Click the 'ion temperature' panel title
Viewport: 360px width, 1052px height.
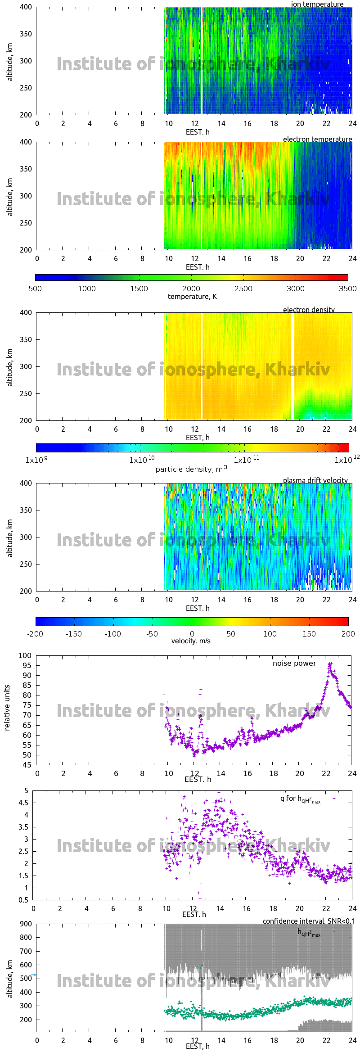coord(317,4)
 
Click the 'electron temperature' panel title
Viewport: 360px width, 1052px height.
coord(317,139)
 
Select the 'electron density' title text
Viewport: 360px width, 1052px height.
coord(309,310)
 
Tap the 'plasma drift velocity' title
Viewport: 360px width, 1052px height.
coord(315,480)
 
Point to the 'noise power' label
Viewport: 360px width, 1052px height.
coord(294,663)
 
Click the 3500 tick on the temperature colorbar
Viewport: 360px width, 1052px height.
coord(347,289)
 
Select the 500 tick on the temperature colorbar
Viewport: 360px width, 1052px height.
coord(35,289)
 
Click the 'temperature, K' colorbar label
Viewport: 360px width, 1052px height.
coord(192,296)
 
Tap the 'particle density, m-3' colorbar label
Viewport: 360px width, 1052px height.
coord(191,469)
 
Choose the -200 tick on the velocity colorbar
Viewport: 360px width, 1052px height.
coord(35,634)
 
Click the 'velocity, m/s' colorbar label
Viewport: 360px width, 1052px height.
coord(191,641)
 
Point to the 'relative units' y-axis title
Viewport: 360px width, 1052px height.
coord(7,708)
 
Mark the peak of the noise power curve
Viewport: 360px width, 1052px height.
coord(330,664)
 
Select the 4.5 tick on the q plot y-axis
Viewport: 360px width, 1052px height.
coord(23,803)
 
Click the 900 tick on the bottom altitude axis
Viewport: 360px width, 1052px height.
coord(26,924)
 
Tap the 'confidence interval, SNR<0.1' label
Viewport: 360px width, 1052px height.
coord(309,921)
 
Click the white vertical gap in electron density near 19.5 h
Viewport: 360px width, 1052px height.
coord(292,366)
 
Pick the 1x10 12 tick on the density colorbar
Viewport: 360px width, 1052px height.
coord(346,460)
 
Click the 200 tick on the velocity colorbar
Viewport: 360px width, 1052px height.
coord(348,634)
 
